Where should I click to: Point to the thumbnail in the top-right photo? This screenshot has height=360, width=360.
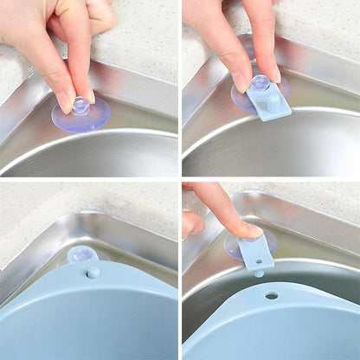[238, 82]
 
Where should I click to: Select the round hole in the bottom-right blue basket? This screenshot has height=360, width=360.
[272, 295]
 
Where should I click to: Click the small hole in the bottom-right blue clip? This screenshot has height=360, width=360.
[256, 244]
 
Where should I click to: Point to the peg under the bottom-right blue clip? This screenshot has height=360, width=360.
[258, 273]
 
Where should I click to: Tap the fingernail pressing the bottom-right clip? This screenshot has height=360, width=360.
[250, 230]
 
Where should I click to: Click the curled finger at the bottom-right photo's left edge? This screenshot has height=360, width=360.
[192, 223]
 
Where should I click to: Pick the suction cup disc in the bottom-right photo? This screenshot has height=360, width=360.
[235, 246]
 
